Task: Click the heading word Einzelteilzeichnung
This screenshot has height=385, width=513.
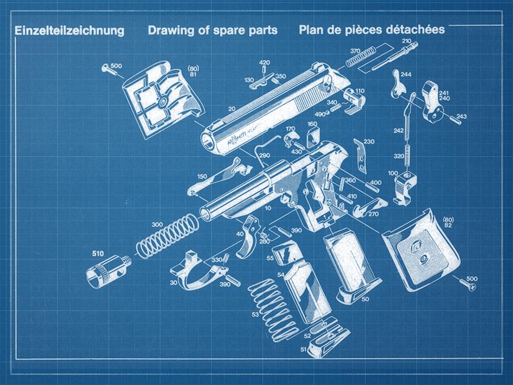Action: point(70,31)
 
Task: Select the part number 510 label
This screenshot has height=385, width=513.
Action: point(98,253)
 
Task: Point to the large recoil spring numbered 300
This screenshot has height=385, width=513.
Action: point(167,236)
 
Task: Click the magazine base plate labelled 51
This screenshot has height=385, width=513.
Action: point(329,341)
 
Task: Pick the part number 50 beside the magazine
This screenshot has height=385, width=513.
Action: point(365,299)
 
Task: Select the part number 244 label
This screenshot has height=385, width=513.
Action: point(405,74)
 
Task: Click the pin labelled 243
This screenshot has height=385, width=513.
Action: point(455,119)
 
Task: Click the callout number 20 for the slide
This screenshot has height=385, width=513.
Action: point(232,109)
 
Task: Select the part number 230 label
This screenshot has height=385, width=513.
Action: point(369,142)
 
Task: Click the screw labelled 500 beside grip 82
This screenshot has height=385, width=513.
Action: point(468,284)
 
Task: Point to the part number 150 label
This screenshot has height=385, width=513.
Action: point(202,177)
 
